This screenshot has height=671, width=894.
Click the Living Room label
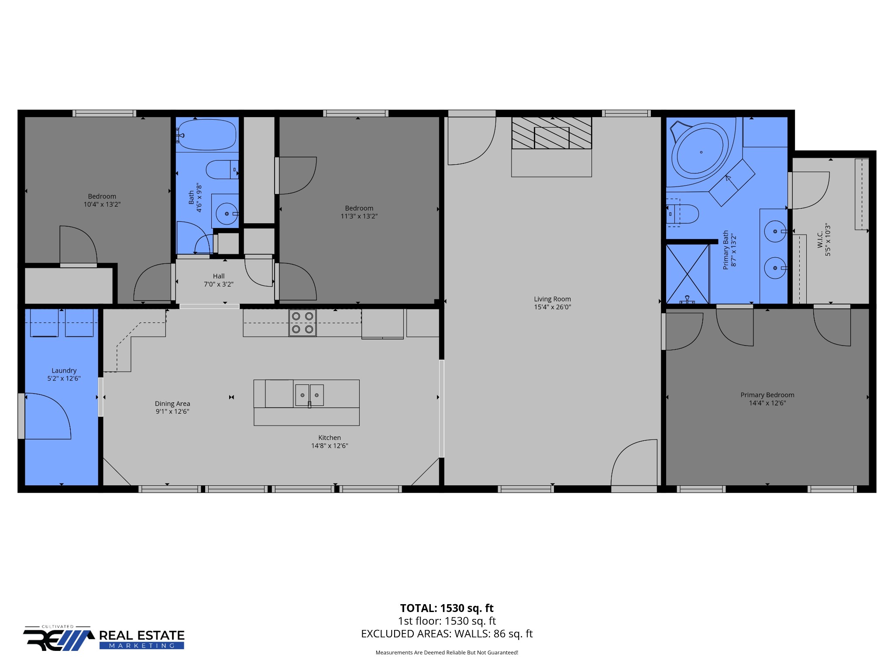552,299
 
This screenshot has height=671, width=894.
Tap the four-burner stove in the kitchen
303,323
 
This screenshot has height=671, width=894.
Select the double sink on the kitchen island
309,395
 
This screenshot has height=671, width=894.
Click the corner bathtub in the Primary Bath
700,152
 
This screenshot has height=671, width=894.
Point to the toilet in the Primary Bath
683,214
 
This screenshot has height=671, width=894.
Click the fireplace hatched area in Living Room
551,133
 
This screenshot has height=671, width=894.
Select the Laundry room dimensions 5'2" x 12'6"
64,378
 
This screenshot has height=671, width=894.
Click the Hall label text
219,276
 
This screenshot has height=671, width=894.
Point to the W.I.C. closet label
820,239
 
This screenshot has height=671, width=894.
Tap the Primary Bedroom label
767,395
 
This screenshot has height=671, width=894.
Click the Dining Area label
172,404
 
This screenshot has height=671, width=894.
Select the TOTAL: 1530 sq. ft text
447,608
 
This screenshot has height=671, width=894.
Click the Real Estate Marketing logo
104,639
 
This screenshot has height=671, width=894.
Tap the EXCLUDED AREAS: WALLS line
447,634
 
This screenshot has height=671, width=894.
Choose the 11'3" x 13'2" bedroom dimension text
359,216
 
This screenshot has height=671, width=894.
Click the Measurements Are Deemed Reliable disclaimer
447,653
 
